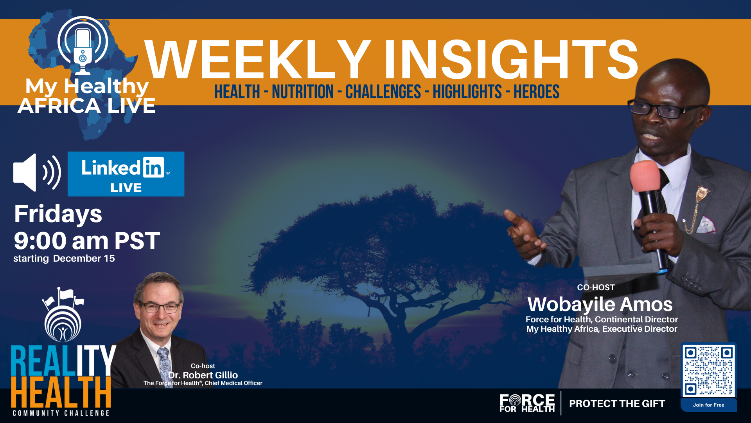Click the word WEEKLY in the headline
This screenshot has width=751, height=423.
click(258, 60)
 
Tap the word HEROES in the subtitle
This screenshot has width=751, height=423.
click(536, 92)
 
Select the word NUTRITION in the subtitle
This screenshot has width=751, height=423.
click(303, 92)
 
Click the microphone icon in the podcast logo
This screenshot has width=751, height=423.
click(83, 51)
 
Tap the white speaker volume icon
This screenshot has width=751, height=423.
click(37, 172)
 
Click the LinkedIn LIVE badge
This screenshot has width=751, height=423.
click(126, 174)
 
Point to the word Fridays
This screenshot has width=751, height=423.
click(58, 214)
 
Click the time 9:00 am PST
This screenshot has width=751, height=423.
click(87, 240)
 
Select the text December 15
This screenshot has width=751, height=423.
click(84, 258)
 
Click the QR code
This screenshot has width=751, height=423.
click(708, 370)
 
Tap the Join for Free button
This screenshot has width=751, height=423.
click(709, 405)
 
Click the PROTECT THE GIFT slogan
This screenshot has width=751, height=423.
click(617, 404)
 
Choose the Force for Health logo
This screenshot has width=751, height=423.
click(527, 403)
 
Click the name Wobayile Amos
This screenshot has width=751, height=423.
click(600, 304)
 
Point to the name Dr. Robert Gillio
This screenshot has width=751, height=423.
click(203, 375)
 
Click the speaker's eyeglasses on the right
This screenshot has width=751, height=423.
click(665, 109)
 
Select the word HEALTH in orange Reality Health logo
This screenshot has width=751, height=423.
click(61, 392)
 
